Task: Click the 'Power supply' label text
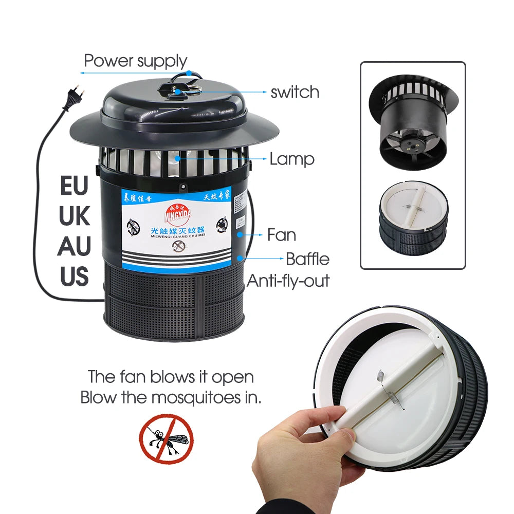(x=135, y=61)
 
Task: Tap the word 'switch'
(x=295, y=93)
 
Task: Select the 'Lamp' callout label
(x=292, y=159)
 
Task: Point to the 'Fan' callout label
(x=281, y=235)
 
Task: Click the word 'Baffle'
(x=307, y=259)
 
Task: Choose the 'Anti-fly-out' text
(x=288, y=281)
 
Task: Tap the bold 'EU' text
(x=75, y=186)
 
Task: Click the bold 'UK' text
(x=75, y=216)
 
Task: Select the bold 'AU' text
(x=75, y=247)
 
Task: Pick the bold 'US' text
(x=75, y=277)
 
